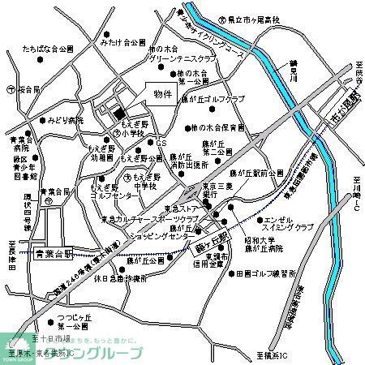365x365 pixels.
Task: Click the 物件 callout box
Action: point(162,94)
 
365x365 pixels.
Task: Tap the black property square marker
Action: point(118,114)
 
